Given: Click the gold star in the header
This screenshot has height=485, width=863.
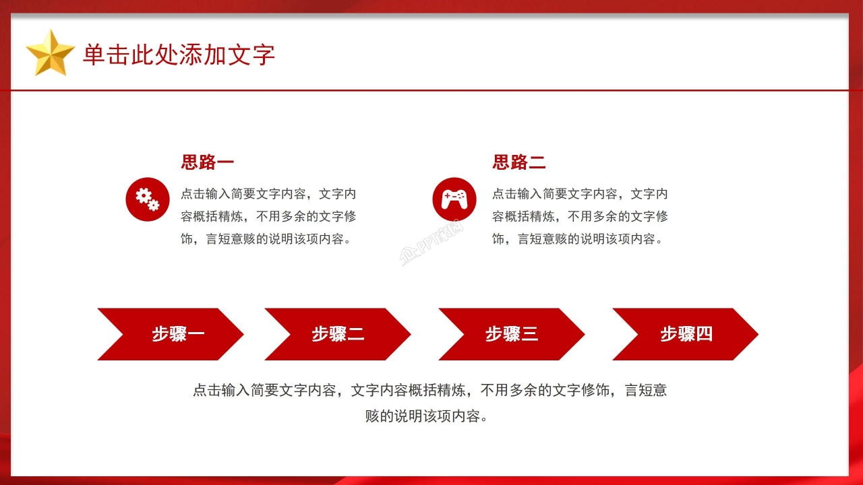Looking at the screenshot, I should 50,53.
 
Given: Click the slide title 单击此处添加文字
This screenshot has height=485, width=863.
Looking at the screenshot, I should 179,55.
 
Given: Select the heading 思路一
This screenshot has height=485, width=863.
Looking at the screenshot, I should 207,162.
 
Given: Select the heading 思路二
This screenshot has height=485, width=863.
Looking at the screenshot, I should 518,162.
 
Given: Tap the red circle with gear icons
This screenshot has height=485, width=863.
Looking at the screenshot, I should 148,199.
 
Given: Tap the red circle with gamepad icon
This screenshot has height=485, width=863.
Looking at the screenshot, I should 454,199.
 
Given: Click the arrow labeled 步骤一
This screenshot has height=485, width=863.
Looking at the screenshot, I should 171,334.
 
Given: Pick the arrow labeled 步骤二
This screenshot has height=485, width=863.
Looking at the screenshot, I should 337,334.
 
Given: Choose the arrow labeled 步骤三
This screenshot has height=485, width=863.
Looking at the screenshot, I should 511,334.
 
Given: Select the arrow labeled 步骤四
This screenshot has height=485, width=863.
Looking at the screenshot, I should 685,334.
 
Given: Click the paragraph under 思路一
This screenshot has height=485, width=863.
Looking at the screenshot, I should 268,216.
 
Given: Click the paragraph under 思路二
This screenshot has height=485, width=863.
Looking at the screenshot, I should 580,216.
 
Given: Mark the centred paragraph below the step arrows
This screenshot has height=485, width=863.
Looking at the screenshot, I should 430,403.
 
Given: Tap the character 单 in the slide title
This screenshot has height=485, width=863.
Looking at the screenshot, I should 94,55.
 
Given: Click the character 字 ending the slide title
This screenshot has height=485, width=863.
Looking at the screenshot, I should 264,55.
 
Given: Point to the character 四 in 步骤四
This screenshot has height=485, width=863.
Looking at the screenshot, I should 704,334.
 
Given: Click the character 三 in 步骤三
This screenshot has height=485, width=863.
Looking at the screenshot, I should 530,334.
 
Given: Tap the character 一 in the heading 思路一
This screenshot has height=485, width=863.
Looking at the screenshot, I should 225,162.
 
